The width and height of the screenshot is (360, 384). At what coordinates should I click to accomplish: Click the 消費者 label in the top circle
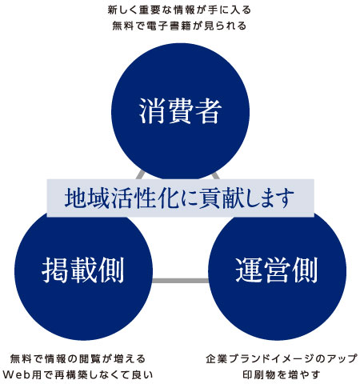click(x=180, y=111)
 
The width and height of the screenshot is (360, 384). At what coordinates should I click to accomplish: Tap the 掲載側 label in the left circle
click(x=83, y=270)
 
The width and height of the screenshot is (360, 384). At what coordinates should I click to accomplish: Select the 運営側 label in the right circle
click(x=277, y=270)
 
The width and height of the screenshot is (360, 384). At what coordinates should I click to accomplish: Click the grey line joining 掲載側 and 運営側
click(x=180, y=281)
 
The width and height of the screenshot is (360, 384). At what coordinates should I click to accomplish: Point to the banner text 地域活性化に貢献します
click(x=179, y=198)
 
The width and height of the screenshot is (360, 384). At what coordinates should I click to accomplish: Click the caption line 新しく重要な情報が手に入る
click(x=179, y=10)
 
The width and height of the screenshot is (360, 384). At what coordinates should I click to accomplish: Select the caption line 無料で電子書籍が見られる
click(x=179, y=26)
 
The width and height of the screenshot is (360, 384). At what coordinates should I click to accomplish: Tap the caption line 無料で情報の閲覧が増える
click(x=78, y=358)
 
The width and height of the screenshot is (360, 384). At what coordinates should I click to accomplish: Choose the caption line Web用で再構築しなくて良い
click(x=78, y=374)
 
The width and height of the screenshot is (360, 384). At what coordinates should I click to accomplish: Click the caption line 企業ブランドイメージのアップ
click(x=282, y=358)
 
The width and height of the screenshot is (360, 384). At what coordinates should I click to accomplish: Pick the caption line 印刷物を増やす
click(x=282, y=374)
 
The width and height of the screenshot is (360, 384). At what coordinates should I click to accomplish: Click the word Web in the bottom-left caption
click(x=17, y=374)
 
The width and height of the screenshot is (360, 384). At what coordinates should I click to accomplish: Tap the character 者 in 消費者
click(x=208, y=111)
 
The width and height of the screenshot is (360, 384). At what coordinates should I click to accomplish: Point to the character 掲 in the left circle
click(x=55, y=270)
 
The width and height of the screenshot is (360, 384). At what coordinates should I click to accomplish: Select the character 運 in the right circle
click(x=249, y=270)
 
